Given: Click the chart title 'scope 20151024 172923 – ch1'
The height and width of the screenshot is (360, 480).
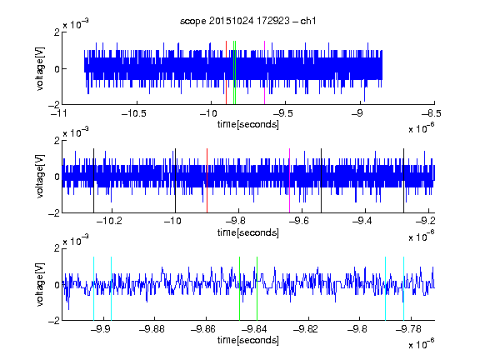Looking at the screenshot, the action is click(248, 21).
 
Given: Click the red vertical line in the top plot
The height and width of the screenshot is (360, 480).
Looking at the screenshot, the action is click(226, 72).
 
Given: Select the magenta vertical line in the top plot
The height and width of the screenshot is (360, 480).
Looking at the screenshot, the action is click(264, 72).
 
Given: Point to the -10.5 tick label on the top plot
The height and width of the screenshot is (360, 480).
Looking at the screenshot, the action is click(134, 113).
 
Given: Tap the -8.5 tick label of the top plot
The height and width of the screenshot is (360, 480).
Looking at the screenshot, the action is click(432, 113).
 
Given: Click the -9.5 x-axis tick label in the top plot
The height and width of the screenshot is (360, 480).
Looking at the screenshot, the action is click(282, 113).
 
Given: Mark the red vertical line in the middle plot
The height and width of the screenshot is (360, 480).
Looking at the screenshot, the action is click(207, 181).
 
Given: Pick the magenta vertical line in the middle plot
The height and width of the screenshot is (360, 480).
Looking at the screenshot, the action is click(290, 181).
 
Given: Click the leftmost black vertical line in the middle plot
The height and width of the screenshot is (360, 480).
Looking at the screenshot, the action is click(93, 181).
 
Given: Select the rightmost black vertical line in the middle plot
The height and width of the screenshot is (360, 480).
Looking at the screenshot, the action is click(404, 181).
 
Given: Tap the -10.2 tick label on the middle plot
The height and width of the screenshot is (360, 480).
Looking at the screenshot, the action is click(109, 221).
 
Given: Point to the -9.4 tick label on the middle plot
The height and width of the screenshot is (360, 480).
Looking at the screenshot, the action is click(362, 221).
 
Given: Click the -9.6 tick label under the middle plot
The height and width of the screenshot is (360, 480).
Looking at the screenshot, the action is click(299, 221).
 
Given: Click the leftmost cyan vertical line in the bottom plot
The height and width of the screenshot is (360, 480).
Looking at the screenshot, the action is click(93, 288).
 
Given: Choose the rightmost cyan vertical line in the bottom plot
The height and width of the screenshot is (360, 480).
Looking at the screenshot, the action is click(404, 288).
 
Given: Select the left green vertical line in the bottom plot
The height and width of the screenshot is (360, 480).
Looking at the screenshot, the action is click(240, 288).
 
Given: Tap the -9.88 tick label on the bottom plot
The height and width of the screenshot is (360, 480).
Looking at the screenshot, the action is click(152, 329).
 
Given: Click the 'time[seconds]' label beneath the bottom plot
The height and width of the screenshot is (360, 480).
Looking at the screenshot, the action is click(248, 340).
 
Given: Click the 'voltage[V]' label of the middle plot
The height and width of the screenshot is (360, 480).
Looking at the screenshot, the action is click(40, 177).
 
